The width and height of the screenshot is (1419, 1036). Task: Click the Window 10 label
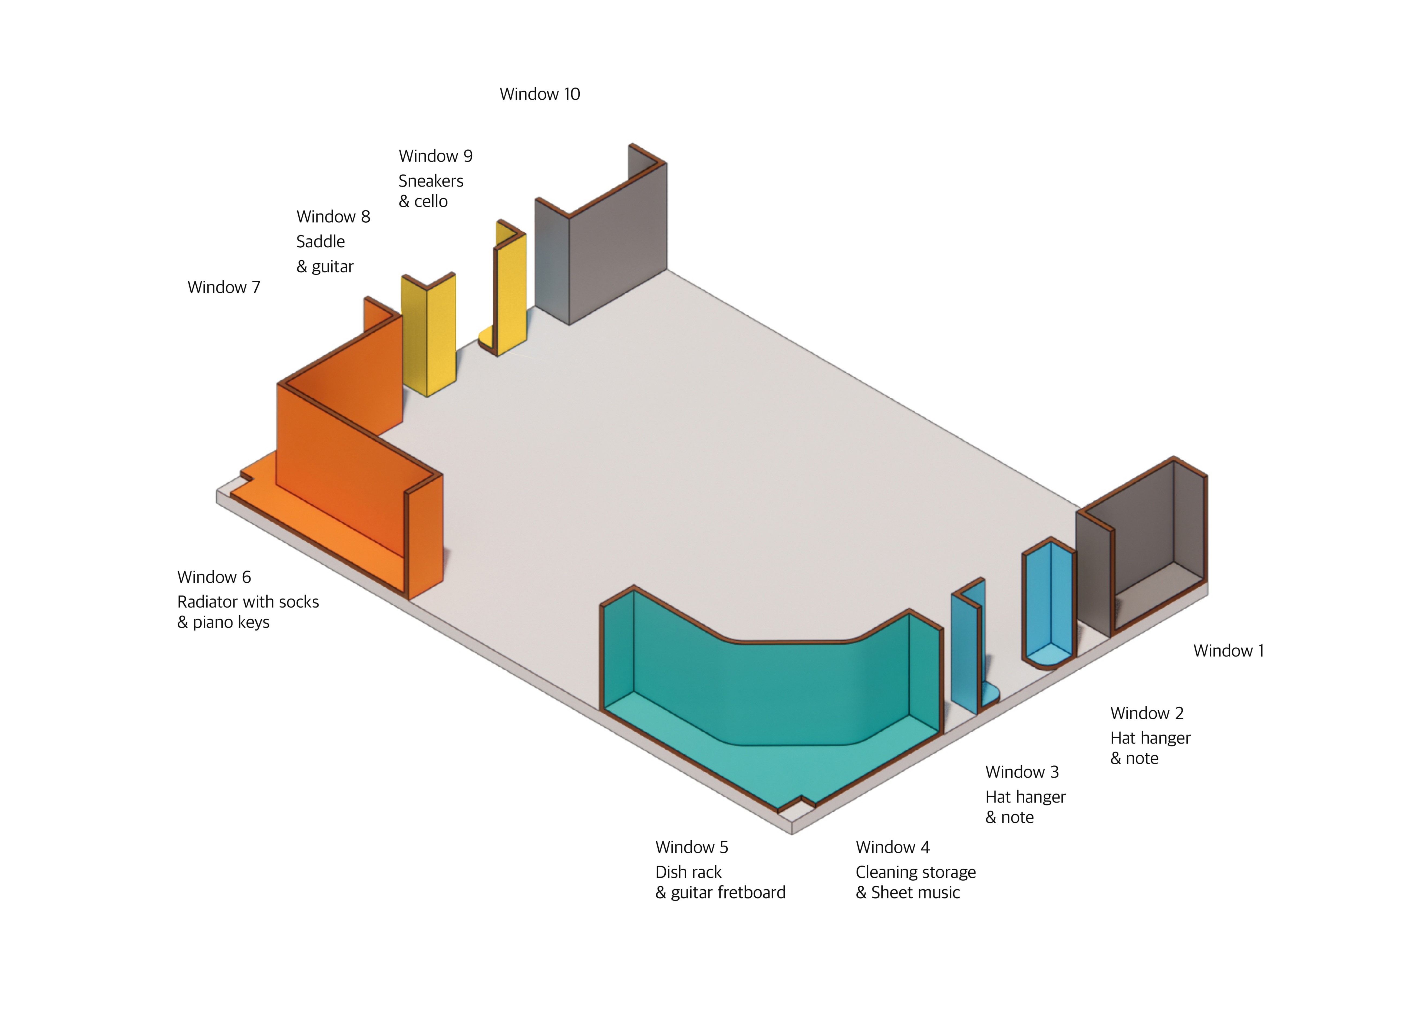click(540, 94)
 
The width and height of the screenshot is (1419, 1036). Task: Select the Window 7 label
click(224, 287)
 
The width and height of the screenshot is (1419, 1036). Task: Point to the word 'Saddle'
click(320, 241)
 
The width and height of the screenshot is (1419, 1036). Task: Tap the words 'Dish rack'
click(688, 872)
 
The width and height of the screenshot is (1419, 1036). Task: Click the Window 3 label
click(1022, 772)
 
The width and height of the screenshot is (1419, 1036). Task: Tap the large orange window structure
click(351, 477)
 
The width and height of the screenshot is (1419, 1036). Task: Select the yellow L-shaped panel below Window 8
click(429, 332)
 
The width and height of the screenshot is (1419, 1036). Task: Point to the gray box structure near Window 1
click(1141, 552)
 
